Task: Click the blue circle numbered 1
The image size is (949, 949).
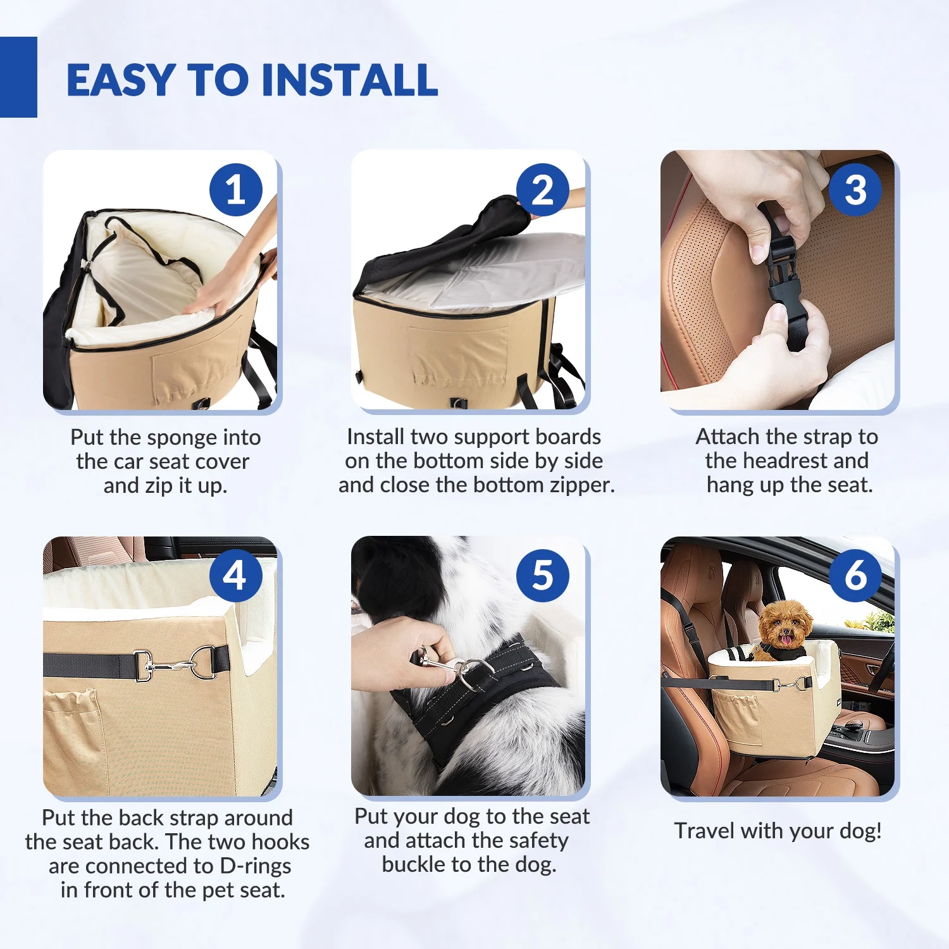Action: [236, 190]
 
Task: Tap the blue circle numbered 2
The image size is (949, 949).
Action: [543, 190]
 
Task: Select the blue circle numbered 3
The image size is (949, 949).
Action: [855, 190]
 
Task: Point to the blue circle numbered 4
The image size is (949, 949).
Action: [236, 576]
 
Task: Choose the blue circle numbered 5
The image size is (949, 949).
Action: [543, 576]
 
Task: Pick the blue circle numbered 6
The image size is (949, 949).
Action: [855, 576]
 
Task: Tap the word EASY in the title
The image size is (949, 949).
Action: [121, 80]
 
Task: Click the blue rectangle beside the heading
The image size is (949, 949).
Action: [18, 77]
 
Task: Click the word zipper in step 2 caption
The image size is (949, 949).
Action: [582, 486]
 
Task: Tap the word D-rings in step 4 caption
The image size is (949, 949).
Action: [256, 866]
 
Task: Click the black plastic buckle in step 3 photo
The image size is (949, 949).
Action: [783, 278]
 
